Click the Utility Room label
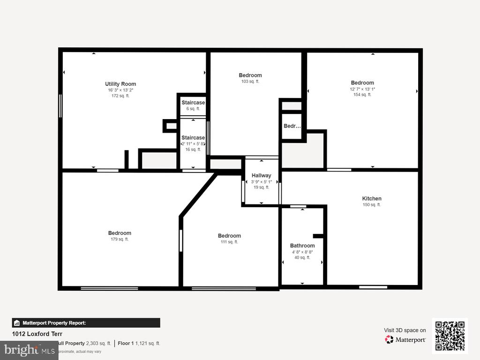coord(120,84)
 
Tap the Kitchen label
coord(372,198)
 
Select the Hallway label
coord(261,175)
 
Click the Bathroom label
coord(302,246)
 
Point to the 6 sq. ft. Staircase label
coord(193,103)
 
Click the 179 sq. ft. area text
coord(120,240)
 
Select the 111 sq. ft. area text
coord(229,242)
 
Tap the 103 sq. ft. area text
coord(250,82)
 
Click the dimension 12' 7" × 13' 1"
coord(362,89)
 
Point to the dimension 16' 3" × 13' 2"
coord(120,90)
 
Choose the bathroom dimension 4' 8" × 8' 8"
coord(302,252)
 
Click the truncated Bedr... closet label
coord(292,126)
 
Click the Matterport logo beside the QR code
coord(405,339)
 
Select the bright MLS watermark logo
coord(29,350)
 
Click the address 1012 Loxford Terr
coord(37,334)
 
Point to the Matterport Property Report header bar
coord(86,323)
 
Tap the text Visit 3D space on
coord(405,330)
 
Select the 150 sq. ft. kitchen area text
coord(372,205)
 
